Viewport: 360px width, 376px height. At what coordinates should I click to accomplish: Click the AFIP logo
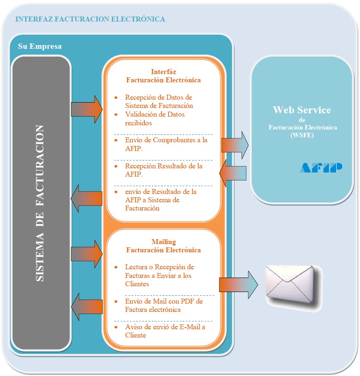[x=321, y=167]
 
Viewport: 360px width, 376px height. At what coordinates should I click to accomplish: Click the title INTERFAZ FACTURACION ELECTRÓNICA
[x=90, y=19]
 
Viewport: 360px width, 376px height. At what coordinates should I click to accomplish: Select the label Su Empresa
[x=40, y=46]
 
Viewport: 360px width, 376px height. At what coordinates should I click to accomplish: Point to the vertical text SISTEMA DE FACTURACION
[x=40, y=203]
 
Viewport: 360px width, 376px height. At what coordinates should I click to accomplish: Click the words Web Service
[x=302, y=110]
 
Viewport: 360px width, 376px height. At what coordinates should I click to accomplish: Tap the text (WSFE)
[x=302, y=134]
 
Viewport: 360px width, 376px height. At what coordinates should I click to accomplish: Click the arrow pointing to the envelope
[x=238, y=285]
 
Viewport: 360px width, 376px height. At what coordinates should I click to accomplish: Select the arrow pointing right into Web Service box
[x=234, y=145]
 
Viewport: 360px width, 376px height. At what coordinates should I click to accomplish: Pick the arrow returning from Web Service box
[x=233, y=173]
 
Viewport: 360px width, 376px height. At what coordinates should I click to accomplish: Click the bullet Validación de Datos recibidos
[x=155, y=119]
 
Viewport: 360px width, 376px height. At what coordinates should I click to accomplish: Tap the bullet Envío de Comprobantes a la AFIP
[x=166, y=144]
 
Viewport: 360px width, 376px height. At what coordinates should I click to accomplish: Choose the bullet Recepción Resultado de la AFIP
[x=164, y=170]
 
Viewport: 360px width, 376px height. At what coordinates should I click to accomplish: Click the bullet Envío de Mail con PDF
[x=164, y=305]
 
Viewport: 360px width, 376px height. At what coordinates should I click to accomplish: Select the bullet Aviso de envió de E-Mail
[x=165, y=331]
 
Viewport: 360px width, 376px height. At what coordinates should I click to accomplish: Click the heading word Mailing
[x=164, y=242]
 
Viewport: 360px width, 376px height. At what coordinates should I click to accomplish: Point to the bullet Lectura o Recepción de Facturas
[x=159, y=275]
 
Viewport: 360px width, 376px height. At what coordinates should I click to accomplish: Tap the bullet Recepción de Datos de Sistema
[x=159, y=101]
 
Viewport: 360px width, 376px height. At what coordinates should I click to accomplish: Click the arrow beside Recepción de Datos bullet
[x=87, y=109]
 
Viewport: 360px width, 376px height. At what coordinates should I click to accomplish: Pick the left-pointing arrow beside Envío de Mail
[x=87, y=307]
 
